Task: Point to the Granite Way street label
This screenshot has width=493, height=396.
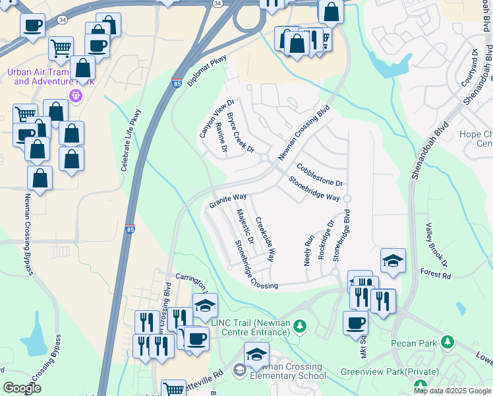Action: click(228, 201)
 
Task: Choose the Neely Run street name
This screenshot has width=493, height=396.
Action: click(308, 247)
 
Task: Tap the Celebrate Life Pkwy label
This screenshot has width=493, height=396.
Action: click(131, 141)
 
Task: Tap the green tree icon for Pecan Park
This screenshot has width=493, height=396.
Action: click(448, 342)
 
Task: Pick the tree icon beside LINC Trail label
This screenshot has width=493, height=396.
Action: click(300, 326)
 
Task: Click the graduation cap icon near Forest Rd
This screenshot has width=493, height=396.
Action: click(393, 260)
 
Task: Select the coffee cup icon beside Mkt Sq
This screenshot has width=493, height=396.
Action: click(355, 323)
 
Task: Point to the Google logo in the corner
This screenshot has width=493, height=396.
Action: click(22, 388)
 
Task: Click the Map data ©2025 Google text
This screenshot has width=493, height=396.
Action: click(452, 390)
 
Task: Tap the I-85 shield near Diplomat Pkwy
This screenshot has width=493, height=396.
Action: click(177, 83)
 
